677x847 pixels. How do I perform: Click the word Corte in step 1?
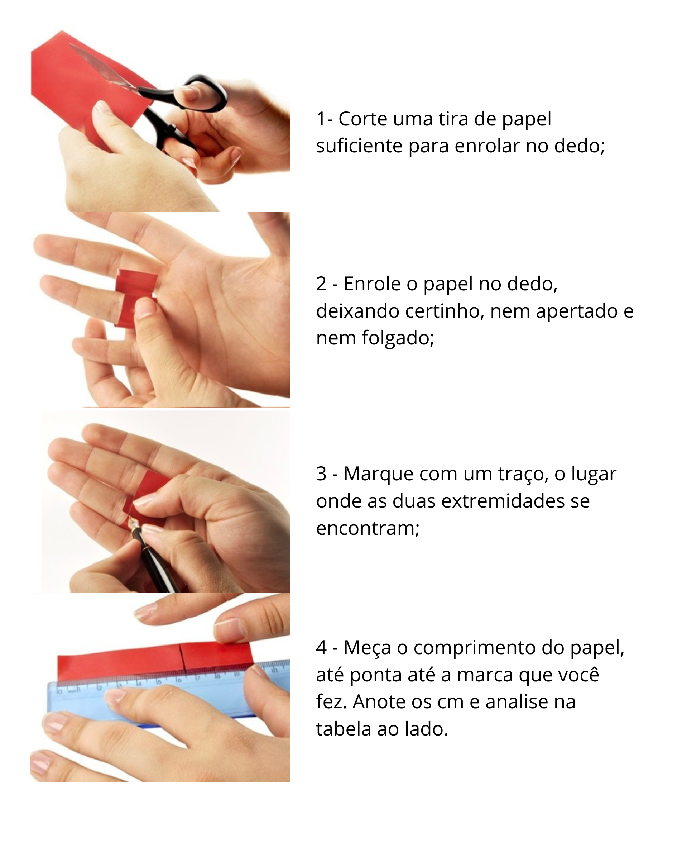coord(362,119)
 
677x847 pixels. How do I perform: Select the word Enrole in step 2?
coord(372,284)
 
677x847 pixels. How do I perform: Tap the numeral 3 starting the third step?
coord(321,474)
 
